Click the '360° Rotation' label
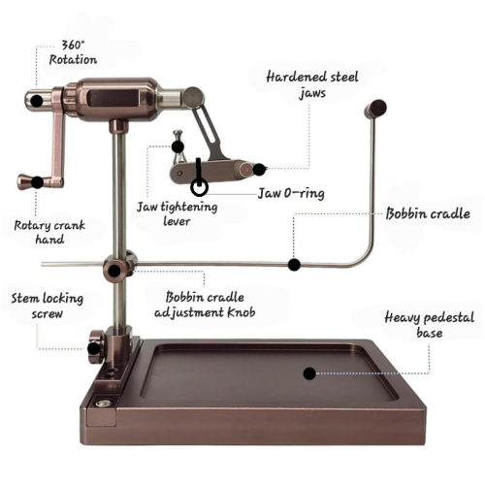(x=73, y=52)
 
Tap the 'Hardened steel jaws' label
(x=312, y=84)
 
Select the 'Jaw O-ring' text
(x=291, y=193)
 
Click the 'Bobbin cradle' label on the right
(x=428, y=213)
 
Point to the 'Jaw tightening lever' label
(x=177, y=213)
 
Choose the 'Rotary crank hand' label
(x=49, y=232)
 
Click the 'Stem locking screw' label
(x=48, y=306)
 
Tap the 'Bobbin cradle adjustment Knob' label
(x=205, y=305)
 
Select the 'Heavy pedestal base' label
(x=430, y=325)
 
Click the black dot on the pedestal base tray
(x=309, y=373)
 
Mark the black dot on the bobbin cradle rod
(x=294, y=265)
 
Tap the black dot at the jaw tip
(x=259, y=170)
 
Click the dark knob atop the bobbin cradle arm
(x=375, y=109)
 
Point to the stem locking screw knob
(x=95, y=346)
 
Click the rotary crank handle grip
(x=29, y=182)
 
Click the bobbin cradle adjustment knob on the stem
(x=115, y=270)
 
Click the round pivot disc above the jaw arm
(x=194, y=96)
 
